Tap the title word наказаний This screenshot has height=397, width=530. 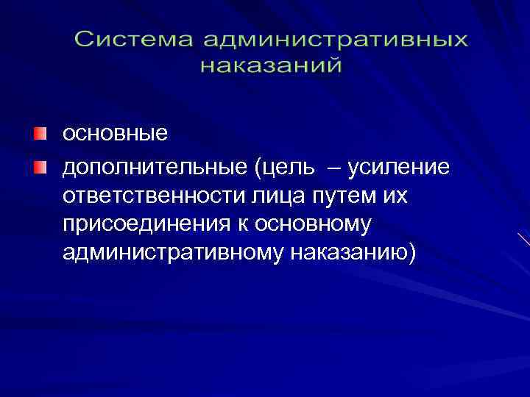click(x=271, y=65)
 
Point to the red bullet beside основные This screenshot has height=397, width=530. click(x=38, y=134)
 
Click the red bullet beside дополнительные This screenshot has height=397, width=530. click(x=38, y=168)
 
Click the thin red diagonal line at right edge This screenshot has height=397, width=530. click(x=523, y=239)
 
